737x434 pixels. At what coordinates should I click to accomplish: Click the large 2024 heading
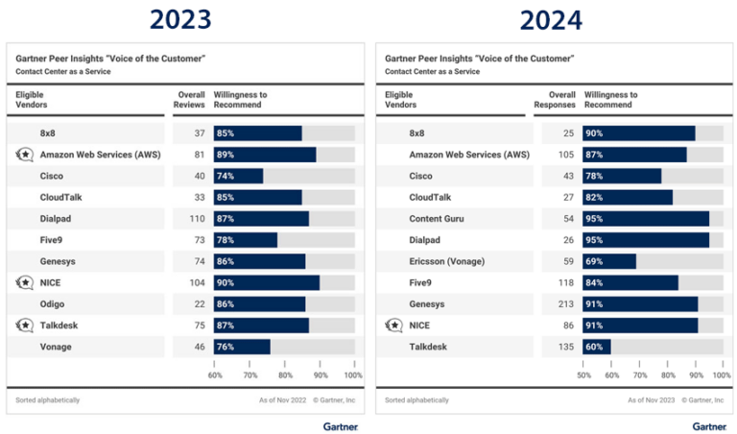point(552,19)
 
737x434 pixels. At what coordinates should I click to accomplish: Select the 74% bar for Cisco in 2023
point(238,176)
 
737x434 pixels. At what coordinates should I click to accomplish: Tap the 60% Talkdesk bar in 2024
point(596,347)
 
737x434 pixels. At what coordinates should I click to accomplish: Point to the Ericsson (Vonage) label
point(447,261)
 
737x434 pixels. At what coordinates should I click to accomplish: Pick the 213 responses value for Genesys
point(566,304)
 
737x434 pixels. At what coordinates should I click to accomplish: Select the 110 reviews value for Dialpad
point(198,219)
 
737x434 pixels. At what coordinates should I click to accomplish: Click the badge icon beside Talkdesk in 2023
point(25,325)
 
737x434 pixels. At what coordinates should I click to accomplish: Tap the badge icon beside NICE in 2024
point(394,325)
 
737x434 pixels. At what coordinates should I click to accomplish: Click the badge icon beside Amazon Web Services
point(25,155)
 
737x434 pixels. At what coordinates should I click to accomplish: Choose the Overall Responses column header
point(555,100)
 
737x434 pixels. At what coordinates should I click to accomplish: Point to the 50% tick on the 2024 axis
point(583,375)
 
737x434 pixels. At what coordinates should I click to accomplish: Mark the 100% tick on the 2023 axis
point(352,375)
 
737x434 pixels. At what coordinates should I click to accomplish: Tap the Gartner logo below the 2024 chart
point(709,425)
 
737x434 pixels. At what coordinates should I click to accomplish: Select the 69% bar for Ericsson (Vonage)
point(608,261)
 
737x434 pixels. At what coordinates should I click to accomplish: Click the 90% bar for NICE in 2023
point(266,282)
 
